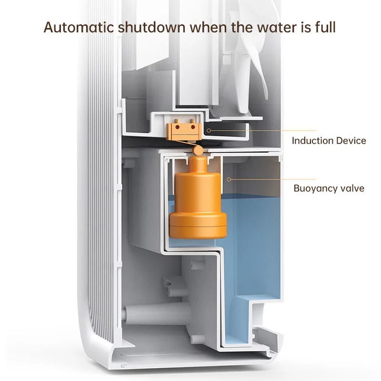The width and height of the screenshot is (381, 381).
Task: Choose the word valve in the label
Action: pos(352,188)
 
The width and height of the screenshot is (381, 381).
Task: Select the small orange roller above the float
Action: pos(197,151)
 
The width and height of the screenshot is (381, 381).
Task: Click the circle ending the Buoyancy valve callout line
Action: pos(229,179)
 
